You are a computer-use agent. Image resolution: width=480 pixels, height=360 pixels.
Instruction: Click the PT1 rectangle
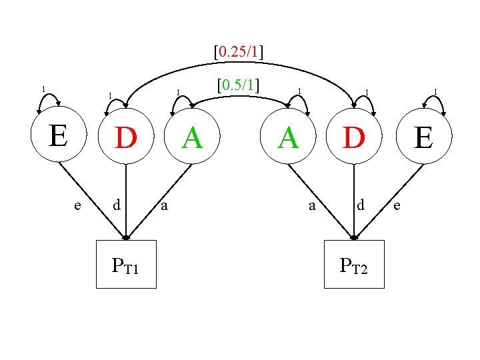pyautogui.click(x=126, y=264)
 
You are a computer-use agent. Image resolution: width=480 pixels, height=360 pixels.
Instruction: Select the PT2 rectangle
pyautogui.click(x=354, y=264)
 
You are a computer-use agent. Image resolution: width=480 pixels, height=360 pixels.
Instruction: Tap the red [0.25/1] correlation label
pyautogui.click(x=238, y=51)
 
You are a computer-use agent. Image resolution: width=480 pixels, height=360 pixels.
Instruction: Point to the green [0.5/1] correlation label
pyautogui.click(x=238, y=85)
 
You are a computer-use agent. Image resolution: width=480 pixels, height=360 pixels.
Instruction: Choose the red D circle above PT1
pyautogui.click(x=126, y=138)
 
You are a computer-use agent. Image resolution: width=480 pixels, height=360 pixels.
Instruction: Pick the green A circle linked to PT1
pyautogui.click(x=192, y=138)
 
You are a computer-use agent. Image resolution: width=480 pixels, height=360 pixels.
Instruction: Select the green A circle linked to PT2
pyautogui.click(x=288, y=138)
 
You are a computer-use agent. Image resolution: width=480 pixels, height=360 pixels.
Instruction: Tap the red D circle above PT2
pyautogui.click(x=354, y=138)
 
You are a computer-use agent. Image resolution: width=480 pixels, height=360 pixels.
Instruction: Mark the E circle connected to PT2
pyautogui.click(x=423, y=139)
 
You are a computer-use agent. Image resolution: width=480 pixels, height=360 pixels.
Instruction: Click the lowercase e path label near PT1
pyautogui.click(x=78, y=205)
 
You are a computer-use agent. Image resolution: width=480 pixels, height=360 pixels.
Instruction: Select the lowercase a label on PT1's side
pyautogui.click(x=164, y=206)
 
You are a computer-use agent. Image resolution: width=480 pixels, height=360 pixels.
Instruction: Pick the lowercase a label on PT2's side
pyautogui.click(x=312, y=206)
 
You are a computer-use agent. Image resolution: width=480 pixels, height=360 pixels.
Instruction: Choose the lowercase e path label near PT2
pyautogui.click(x=397, y=206)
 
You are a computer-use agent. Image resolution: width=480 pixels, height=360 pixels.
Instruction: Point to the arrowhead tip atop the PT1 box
pyautogui.click(x=126, y=238)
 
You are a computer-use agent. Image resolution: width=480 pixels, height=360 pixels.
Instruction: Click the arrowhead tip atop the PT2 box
pyautogui.click(x=354, y=238)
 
